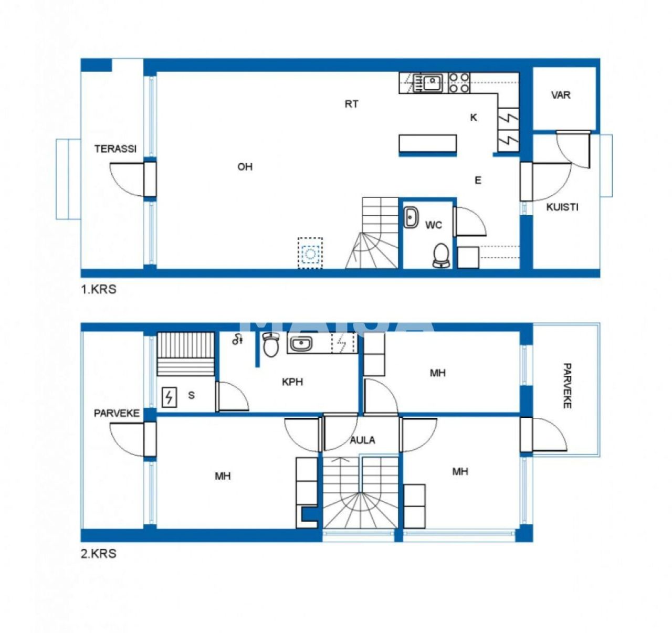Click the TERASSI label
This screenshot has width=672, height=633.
(115, 149)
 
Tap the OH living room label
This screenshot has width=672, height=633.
(245, 167)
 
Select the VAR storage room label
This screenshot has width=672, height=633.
(560, 95)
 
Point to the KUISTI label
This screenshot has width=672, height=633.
(562, 207)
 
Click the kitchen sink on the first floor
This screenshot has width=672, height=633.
(433, 82)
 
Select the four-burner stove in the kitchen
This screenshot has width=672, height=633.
(459, 83)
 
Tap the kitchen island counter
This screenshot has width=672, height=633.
(427, 144)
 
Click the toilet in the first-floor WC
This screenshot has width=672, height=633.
(441, 255)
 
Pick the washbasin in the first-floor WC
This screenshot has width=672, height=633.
(411, 217)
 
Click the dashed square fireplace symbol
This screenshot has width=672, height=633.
(310, 254)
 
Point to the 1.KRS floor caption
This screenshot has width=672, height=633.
(98, 289)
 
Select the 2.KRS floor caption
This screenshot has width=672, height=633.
(98, 553)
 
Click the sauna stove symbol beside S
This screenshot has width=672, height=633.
(169, 397)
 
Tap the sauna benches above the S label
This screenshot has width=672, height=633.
(186, 353)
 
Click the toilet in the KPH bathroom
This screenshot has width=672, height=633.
(271, 344)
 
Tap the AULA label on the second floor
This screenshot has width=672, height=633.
(362, 440)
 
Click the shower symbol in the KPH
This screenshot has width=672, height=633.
(238, 340)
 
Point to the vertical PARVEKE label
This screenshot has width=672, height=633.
(566, 385)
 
